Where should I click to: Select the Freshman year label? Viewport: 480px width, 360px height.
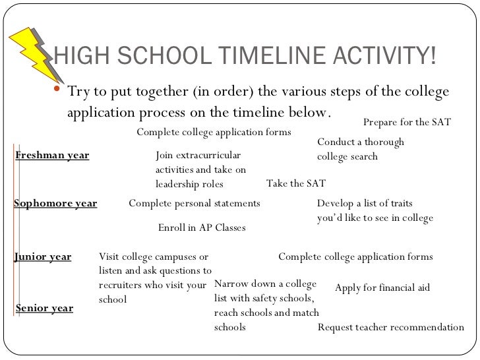51,156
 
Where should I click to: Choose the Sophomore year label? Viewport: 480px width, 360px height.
55,203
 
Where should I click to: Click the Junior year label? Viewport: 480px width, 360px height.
43,256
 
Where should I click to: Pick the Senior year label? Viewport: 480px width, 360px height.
44,308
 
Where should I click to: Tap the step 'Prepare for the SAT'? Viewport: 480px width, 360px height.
407,122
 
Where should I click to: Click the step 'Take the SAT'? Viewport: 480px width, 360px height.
295,183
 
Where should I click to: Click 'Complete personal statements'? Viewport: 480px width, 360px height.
195,203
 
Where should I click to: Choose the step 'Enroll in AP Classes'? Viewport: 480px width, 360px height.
202,227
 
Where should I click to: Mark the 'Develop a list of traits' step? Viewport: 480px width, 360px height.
375,210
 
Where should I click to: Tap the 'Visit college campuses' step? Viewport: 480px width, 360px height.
154,278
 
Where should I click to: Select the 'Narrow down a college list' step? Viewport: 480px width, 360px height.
266,305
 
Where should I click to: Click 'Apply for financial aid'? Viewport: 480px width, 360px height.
382,288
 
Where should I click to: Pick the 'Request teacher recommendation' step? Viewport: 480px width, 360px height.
391,327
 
